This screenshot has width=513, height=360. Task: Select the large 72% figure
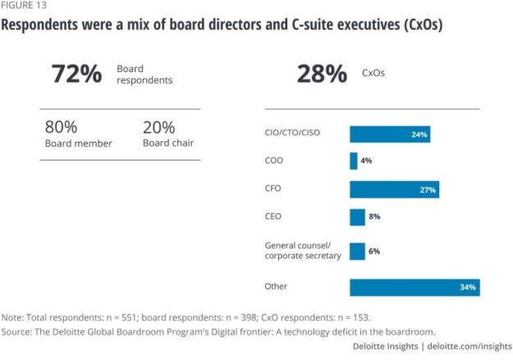click(76, 74)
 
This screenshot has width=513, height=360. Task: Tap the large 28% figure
click(322, 74)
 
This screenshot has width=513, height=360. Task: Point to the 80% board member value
click(61, 127)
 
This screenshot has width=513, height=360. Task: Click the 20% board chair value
click(158, 127)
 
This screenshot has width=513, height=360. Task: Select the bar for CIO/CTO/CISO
click(390, 134)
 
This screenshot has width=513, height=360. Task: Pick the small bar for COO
click(354, 161)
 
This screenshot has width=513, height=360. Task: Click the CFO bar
click(394, 189)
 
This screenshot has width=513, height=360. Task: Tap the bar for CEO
click(357, 217)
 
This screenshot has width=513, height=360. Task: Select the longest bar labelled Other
click(414, 287)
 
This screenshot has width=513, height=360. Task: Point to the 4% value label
click(366, 161)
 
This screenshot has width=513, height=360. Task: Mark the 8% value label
click(374, 217)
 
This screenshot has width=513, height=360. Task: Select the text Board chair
click(168, 143)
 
